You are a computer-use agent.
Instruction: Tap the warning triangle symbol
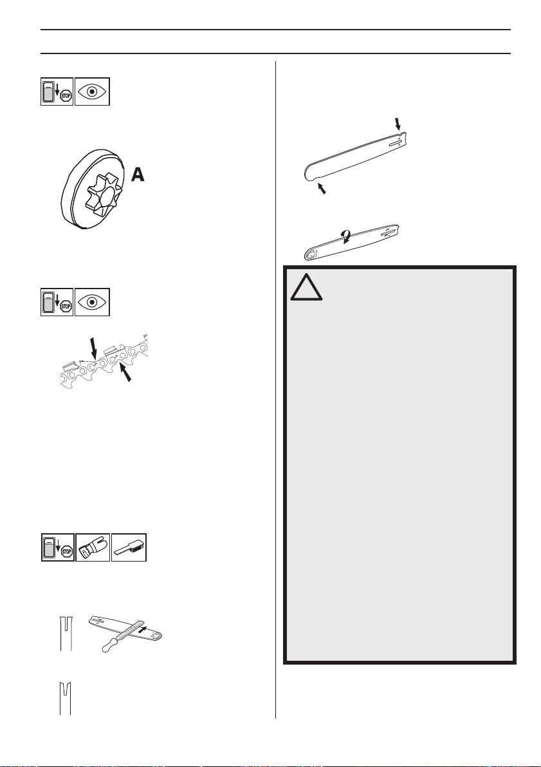(306, 288)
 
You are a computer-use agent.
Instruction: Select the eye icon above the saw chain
(93, 300)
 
